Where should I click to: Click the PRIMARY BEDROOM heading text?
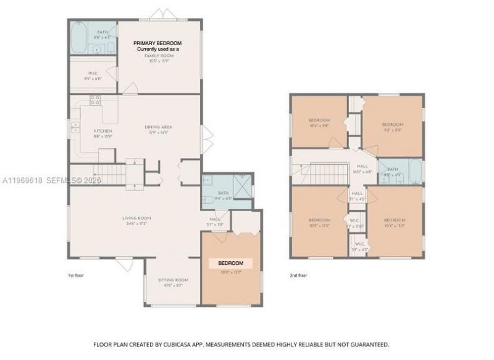click(158, 42)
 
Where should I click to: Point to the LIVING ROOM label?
click(136, 217)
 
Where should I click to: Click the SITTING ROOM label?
click(173, 280)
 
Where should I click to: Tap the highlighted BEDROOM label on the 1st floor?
click(231, 263)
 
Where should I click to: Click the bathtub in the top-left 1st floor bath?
click(79, 39)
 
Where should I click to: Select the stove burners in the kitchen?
click(95, 99)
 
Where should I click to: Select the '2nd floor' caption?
click(298, 275)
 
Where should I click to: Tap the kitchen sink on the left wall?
click(75, 128)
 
